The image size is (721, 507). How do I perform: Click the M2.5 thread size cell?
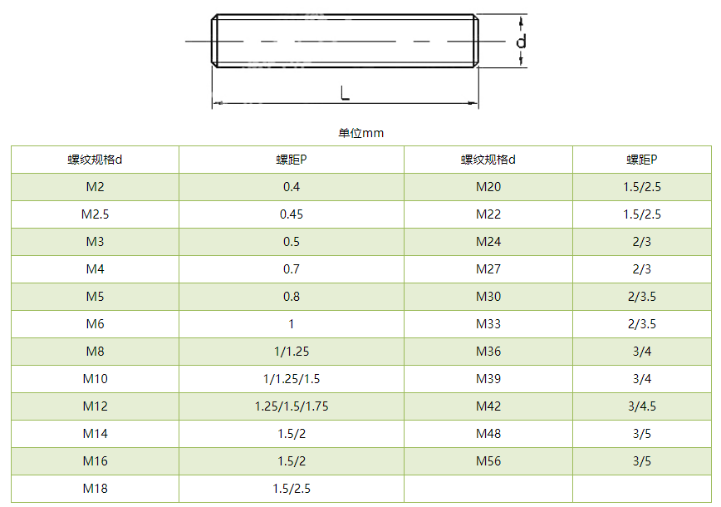point(96,214)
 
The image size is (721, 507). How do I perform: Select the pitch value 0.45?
point(292,214)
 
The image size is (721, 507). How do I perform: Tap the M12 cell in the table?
point(96,406)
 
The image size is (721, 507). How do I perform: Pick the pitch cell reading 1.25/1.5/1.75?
point(292,406)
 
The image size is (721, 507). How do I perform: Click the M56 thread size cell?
point(488,461)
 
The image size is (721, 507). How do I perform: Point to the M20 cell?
point(488,187)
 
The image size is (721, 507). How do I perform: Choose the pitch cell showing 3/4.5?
point(642,406)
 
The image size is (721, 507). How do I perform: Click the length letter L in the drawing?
point(345,92)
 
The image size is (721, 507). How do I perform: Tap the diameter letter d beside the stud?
point(521,42)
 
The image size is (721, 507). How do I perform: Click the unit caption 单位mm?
point(361,134)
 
